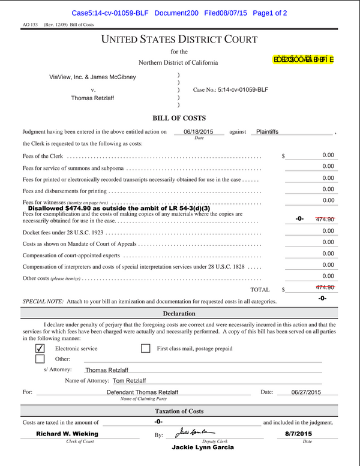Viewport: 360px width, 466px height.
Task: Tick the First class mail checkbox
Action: click(145, 348)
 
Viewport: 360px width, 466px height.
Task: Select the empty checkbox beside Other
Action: click(40, 359)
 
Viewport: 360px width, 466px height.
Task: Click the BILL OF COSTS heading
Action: click(179, 118)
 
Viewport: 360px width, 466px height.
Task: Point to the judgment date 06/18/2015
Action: click(198, 131)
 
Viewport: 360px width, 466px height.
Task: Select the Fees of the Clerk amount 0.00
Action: click(328, 155)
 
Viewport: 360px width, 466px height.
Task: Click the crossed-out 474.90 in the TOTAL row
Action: click(325, 287)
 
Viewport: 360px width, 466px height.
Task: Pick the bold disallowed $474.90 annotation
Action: click(119, 208)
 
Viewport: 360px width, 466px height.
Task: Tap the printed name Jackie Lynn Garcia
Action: click(202, 447)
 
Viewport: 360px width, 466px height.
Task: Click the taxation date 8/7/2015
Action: click(298, 433)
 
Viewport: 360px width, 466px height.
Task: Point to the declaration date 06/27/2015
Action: click(306, 392)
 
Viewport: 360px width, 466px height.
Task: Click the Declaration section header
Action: click(179, 314)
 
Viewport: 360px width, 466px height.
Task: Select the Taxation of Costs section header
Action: click(179, 411)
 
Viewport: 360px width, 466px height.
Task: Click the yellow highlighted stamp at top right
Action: click(304, 59)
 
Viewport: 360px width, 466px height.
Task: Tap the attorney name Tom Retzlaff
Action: click(129, 381)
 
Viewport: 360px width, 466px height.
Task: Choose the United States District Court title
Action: click(179, 40)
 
